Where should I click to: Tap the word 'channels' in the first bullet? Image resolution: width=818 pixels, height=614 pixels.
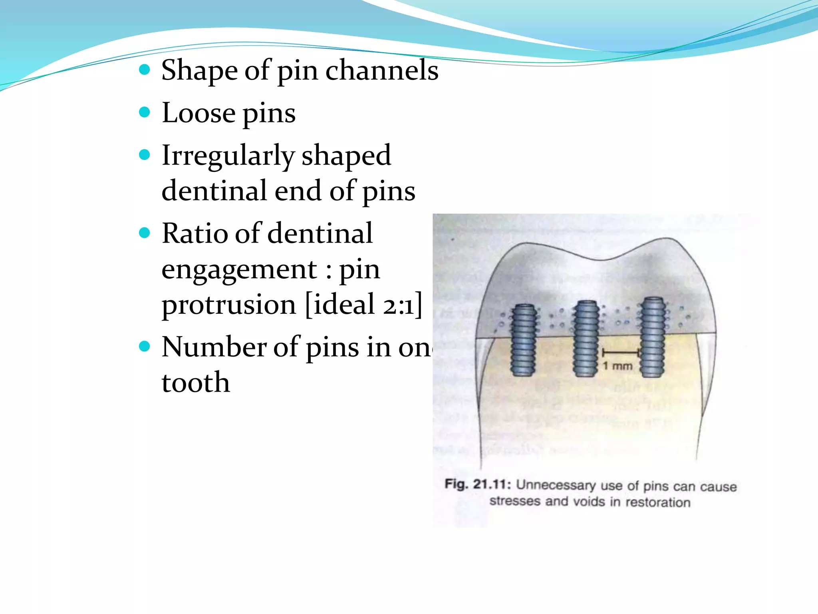382,70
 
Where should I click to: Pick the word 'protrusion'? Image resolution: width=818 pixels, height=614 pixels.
229,305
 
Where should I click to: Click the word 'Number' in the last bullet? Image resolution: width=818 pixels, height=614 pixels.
214,347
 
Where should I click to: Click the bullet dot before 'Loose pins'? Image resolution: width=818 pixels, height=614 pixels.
145,112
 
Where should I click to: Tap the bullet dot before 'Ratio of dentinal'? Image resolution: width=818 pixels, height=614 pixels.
145,233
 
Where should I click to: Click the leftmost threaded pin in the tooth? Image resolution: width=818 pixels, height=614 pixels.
523,340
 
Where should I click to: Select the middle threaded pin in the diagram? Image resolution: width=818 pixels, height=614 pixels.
586,338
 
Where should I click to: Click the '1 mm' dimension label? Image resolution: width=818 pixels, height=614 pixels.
617,366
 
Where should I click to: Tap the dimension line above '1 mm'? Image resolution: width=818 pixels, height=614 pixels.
621,353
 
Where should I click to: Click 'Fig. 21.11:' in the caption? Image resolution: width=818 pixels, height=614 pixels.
478,484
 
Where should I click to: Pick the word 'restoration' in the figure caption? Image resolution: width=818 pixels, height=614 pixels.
658,502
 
